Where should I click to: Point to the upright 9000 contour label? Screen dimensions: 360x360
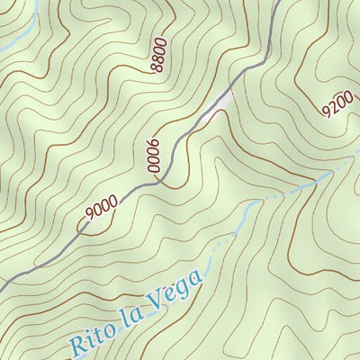coord(102,210)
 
